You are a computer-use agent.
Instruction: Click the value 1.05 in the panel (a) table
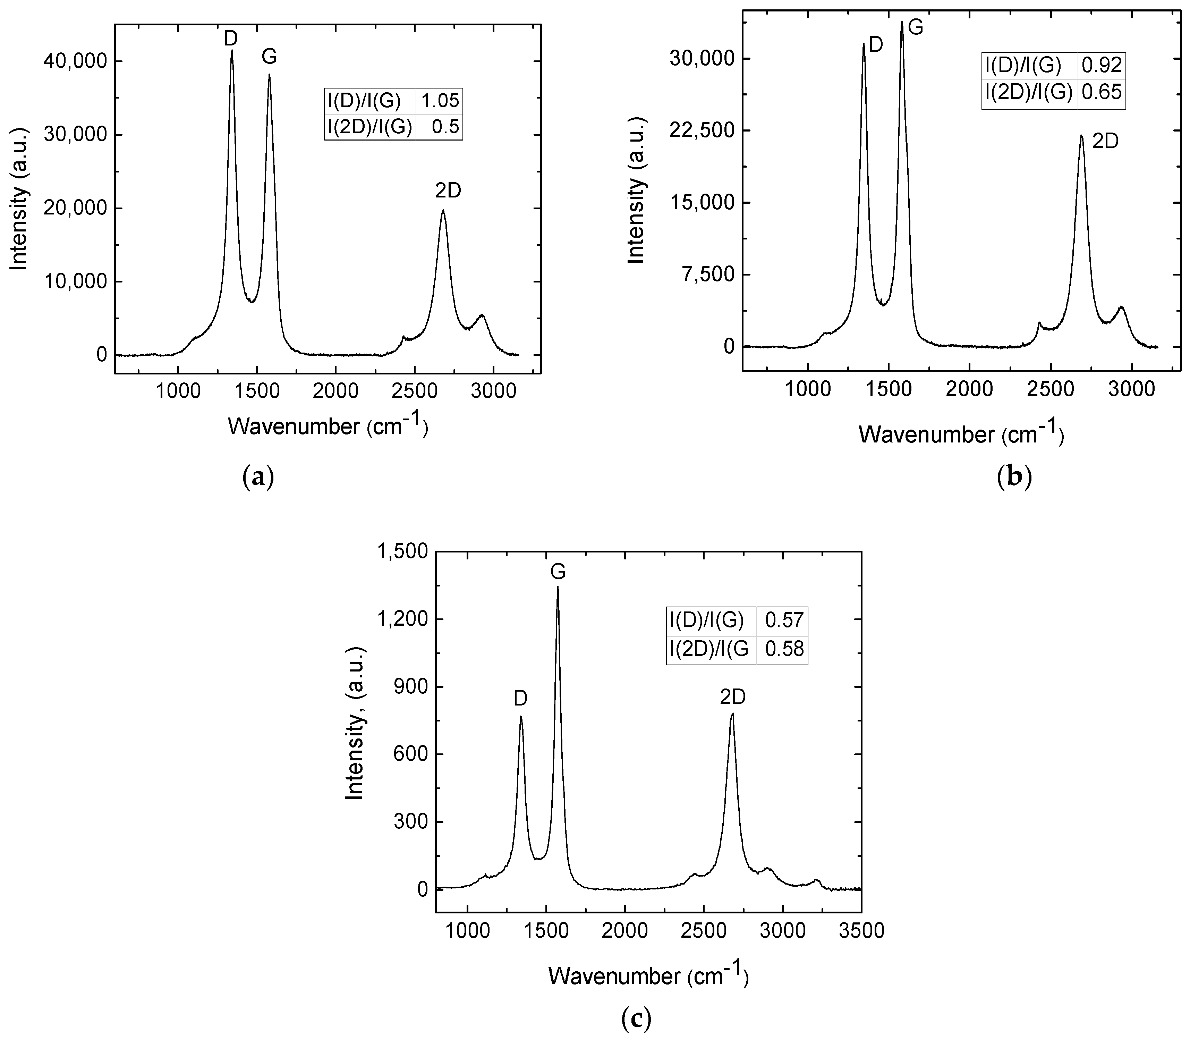pyautogui.click(x=439, y=101)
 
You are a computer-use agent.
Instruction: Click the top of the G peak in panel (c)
pyautogui.click(x=558, y=587)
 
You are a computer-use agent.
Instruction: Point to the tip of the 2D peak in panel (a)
pyautogui.click(x=443, y=210)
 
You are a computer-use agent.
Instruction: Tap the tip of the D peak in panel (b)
pyautogui.click(x=864, y=44)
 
